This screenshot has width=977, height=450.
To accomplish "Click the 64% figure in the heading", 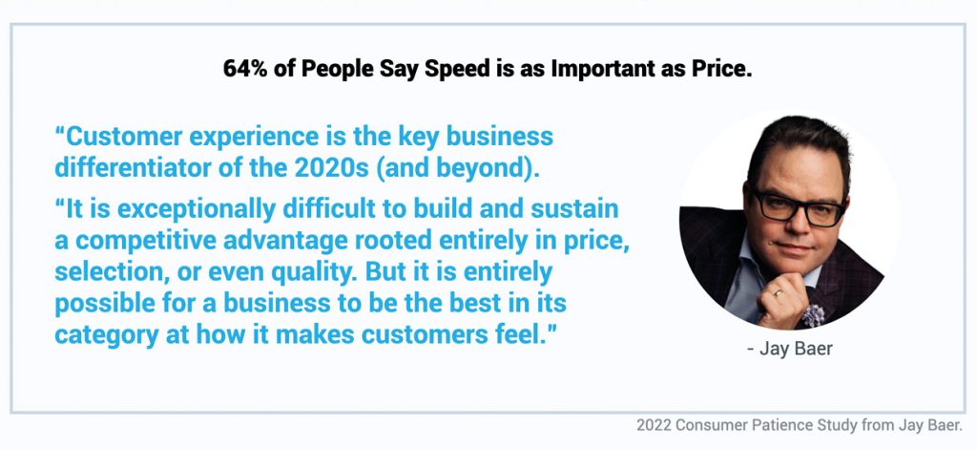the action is [x=246, y=69].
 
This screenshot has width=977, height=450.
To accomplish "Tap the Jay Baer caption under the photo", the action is [x=790, y=349].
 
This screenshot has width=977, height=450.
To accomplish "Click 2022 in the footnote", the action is [x=653, y=426].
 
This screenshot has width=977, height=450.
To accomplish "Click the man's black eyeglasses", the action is [x=799, y=207].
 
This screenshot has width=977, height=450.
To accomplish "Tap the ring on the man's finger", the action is [x=779, y=292].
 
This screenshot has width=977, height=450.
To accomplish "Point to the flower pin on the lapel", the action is [x=812, y=314].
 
